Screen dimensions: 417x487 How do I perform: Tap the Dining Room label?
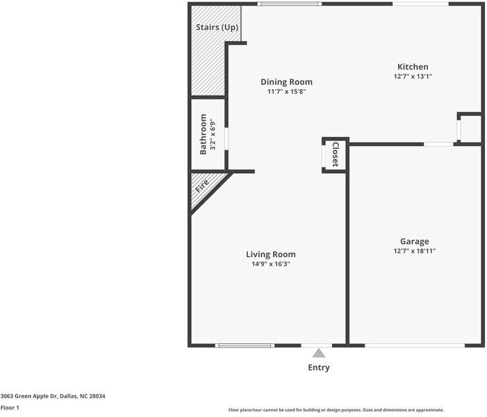(x=286, y=82)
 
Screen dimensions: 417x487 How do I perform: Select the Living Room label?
(x=270, y=254)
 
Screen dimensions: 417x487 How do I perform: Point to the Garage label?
(x=414, y=241)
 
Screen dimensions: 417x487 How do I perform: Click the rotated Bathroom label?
(x=204, y=134)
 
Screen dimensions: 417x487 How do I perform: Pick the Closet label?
(x=335, y=154)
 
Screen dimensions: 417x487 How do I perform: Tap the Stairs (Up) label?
(x=217, y=27)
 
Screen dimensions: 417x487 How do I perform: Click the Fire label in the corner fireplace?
(x=202, y=186)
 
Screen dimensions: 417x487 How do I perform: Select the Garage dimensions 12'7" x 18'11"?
(x=414, y=251)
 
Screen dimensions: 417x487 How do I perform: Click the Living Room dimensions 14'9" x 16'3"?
(x=270, y=264)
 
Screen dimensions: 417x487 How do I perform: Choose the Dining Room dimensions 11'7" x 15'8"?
(x=286, y=92)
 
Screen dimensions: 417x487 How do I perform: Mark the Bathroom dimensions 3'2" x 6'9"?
(x=213, y=134)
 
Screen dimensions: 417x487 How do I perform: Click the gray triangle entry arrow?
(x=319, y=353)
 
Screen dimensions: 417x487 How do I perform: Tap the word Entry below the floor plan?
(x=319, y=368)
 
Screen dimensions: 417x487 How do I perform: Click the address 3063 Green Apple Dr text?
(x=53, y=395)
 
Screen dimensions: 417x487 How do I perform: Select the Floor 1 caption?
(x=10, y=407)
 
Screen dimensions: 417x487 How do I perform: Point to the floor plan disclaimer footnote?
(x=336, y=410)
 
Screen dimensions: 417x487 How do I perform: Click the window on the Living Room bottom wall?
(x=245, y=345)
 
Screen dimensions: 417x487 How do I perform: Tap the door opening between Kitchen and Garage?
(x=439, y=144)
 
